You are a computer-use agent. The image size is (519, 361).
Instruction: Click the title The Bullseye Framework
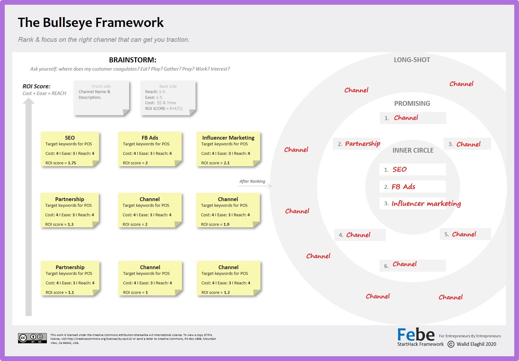pyautogui.click(x=91, y=23)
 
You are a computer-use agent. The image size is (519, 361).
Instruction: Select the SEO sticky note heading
pyautogui.click(x=70, y=138)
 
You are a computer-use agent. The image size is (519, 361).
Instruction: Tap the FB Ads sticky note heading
pyautogui.click(x=150, y=138)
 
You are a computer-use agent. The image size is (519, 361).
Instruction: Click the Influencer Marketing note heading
pyautogui.click(x=228, y=138)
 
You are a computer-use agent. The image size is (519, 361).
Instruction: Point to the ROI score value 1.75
pyautogui.click(x=72, y=163)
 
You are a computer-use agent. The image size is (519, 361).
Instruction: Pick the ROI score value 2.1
pyautogui.click(x=227, y=163)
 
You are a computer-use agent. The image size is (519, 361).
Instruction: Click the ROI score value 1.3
pyautogui.click(x=71, y=225)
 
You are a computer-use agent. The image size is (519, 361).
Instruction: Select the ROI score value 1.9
pyautogui.click(x=226, y=225)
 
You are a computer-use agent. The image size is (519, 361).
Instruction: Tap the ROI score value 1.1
pyautogui.click(x=71, y=293)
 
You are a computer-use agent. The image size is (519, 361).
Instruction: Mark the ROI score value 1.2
pyautogui.click(x=227, y=293)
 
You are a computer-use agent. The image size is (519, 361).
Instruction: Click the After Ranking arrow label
pyautogui.click(x=252, y=181)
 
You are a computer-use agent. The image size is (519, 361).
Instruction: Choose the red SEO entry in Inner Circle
pyautogui.click(x=399, y=169)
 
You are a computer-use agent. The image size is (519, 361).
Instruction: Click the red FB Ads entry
pyautogui.click(x=403, y=187)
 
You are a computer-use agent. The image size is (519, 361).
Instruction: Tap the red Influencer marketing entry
pyautogui.click(x=426, y=204)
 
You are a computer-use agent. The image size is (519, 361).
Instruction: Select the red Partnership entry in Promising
pyautogui.click(x=362, y=144)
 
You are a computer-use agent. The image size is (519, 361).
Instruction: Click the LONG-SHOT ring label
pyautogui.click(x=412, y=60)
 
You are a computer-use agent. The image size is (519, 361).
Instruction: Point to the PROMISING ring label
pyautogui.click(x=412, y=104)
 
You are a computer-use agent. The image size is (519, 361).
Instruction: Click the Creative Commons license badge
pyautogui.click(x=32, y=338)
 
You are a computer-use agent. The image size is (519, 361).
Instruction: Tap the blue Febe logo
pyautogui.click(x=416, y=335)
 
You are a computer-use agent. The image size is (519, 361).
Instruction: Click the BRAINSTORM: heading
pyautogui.click(x=133, y=60)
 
